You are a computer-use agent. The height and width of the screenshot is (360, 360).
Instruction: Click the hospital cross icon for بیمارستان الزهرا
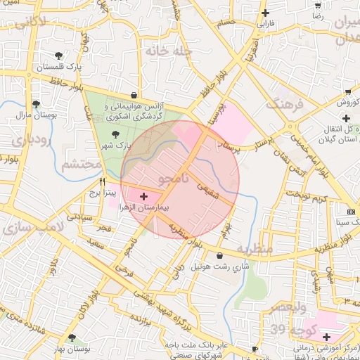[x=144, y=197]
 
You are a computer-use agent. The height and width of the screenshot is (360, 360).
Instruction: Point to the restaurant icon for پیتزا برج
[x=103, y=181]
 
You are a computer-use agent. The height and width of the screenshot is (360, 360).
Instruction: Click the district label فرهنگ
[x=283, y=102]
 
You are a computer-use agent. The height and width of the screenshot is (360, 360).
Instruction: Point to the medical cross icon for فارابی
[x=265, y=13]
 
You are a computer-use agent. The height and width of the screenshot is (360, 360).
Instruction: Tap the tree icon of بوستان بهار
[x=72, y=338]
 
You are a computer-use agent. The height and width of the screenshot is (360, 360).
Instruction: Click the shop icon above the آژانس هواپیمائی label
[x=134, y=94]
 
